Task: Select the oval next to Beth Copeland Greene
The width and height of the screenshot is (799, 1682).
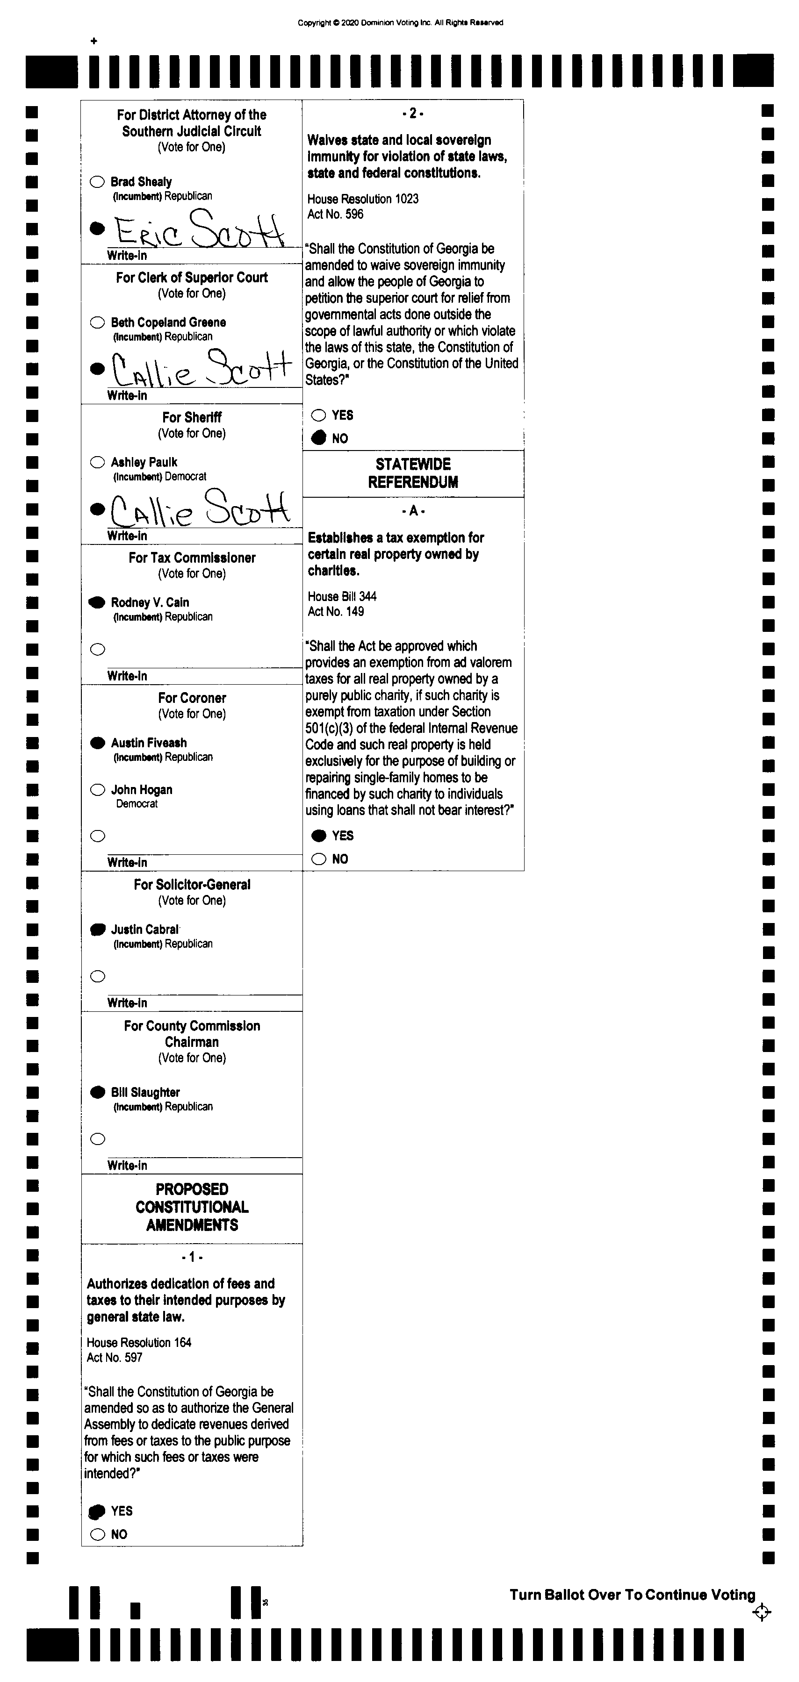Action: coord(97,322)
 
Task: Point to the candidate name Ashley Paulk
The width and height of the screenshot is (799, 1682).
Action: coord(144,462)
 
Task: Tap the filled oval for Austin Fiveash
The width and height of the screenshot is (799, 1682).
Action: coord(97,743)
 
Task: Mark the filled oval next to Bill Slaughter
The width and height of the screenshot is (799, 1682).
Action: coord(97,1092)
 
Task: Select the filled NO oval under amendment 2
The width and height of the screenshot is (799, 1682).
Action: coord(319,438)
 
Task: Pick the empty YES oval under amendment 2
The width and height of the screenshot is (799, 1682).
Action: coord(319,415)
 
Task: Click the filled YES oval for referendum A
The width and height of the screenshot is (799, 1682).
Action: coord(319,836)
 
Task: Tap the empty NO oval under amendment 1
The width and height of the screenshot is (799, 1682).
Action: coord(97,1534)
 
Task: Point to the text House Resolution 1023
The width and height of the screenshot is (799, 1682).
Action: coord(363,199)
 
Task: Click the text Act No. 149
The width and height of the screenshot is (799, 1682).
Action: coord(336,612)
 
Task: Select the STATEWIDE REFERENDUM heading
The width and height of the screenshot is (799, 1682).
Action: coord(413,473)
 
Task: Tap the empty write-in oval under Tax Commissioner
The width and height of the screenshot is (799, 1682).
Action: coord(97,649)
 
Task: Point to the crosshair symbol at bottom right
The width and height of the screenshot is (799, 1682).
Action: coord(762,1612)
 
